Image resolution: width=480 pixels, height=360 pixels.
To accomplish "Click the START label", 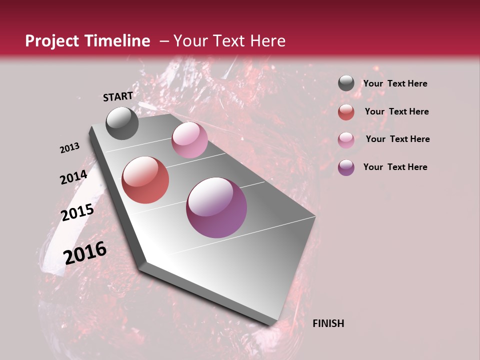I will click(x=118, y=96).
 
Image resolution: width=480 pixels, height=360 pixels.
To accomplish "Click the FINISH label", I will click(x=328, y=323).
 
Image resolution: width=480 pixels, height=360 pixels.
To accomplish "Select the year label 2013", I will click(x=69, y=148).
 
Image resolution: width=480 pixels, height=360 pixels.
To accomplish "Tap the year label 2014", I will click(x=73, y=177).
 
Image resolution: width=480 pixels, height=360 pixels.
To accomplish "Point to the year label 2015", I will click(x=77, y=212).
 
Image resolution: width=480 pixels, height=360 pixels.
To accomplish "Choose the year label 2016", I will click(x=85, y=252).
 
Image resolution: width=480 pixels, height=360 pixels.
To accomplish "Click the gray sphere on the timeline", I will click(x=122, y=123).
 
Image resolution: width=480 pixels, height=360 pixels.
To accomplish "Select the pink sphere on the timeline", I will click(x=189, y=140).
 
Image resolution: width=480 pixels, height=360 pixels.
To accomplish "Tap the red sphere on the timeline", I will click(x=145, y=180).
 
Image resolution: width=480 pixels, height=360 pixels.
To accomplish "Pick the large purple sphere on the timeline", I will click(x=216, y=207).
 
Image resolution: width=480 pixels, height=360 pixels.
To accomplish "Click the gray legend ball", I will click(x=346, y=83).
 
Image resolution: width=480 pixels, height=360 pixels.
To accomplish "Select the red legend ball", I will click(x=346, y=112).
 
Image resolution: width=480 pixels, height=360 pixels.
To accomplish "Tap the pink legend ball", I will click(x=346, y=139).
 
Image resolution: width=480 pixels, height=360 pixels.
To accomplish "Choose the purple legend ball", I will click(x=346, y=167).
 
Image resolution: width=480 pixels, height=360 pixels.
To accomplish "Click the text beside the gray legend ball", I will click(x=395, y=83).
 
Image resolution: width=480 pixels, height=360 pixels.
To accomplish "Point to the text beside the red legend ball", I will click(x=396, y=111).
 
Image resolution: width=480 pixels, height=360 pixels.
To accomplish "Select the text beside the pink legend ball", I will click(x=397, y=139).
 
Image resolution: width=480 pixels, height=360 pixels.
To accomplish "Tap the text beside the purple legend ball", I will click(x=395, y=167).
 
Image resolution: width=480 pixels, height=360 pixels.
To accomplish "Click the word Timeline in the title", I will click(x=116, y=41).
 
